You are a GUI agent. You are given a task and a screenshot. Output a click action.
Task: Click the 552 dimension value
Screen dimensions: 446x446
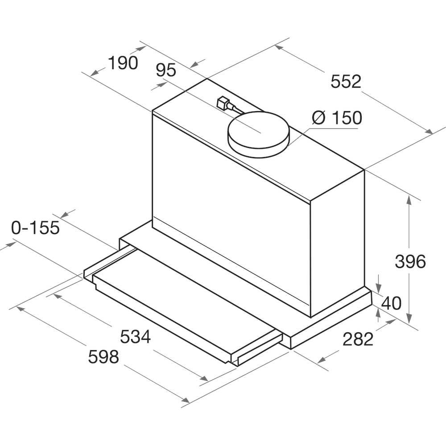[x=346, y=82]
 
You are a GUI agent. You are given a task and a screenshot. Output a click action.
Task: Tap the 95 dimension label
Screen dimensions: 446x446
[x=166, y=70]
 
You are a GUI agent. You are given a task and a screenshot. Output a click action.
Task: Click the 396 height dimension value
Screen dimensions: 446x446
[x=410, y=262]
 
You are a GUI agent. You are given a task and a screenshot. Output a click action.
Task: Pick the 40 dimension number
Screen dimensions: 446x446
[x=392, y=303]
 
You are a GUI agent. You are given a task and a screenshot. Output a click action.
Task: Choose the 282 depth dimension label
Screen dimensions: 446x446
[x=358, y=339]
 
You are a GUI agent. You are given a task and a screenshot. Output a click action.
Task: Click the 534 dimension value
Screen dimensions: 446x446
[x=136, y=337]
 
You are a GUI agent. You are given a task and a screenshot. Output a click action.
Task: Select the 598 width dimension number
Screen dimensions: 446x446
[x=103, y=357]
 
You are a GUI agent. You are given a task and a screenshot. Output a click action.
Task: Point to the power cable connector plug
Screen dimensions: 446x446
[x=222, y=103]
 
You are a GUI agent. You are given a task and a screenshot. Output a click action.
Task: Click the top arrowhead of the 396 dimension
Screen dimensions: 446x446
[x=409, y=198]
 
